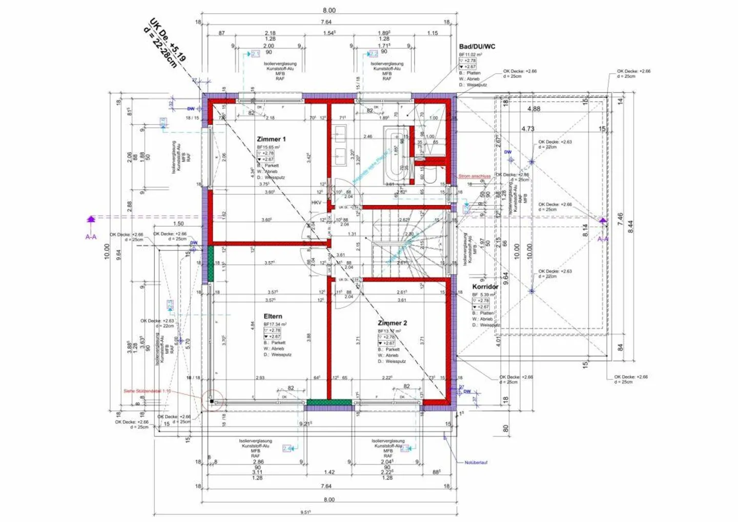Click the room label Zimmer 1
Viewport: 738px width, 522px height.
pyautogui.click(x=271, y=139)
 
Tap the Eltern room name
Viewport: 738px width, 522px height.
pyautogui.click(x=273, y=316)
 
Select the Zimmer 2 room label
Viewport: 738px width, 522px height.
pyautogui.click(x=392, y=323)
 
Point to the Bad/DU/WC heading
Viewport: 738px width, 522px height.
pyautogui.click(x=477, y=47)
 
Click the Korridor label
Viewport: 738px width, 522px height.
pyautogui.click(x=485, y=287)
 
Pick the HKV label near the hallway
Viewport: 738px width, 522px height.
pyautogui.click(x=316, y=203)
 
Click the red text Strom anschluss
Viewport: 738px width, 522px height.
pyautogui.click(x=474, y=176)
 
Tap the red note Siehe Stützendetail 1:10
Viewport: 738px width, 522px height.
pyautogui.click(x=147, y=391)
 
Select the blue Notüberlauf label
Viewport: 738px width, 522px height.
pyautogui.click(x=476, y=463)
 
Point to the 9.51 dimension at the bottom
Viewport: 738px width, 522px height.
pyautogui.click(x=305, y=512)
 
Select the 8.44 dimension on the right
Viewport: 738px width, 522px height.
pyautogui.click(x=630, y=227)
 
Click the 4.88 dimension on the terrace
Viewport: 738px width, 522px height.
pyautogui.click(x=534, y=109)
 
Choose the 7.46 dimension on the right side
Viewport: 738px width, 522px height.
pyautogui.click(x=620, y=220)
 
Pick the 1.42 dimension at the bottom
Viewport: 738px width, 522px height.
pyautogui.click(x=329, y=472)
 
